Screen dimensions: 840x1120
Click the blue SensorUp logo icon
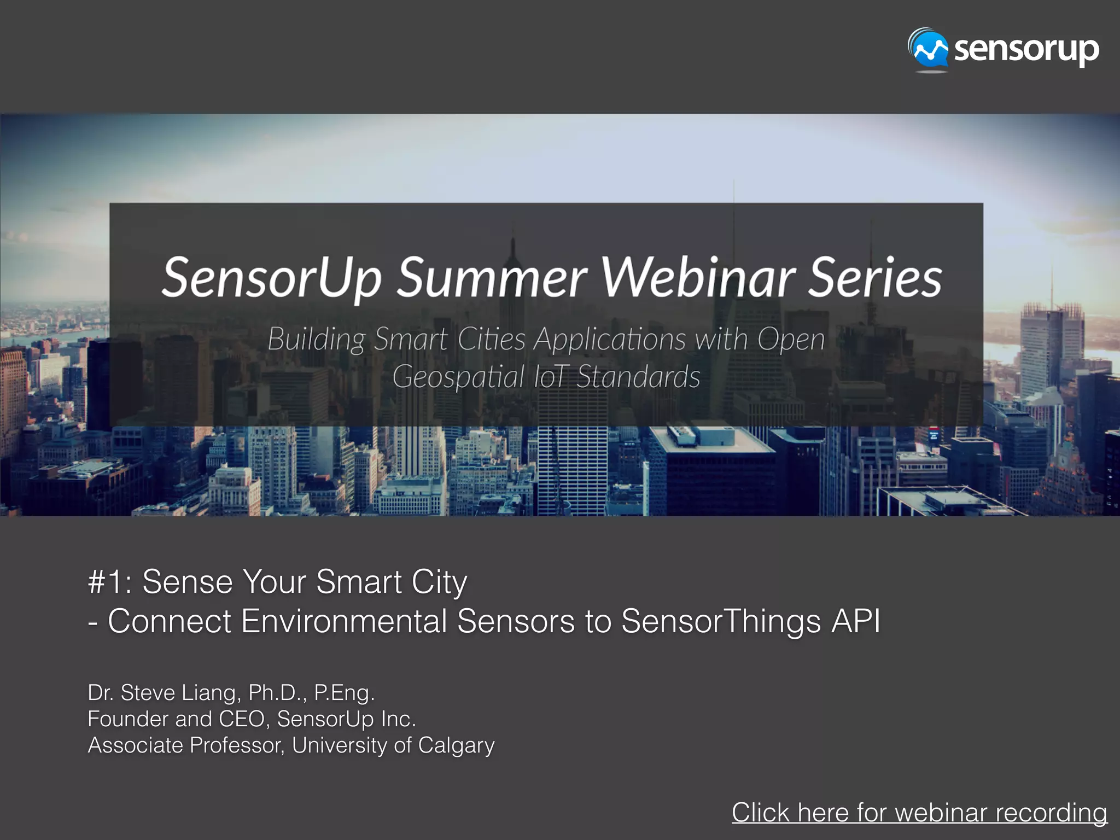point(929,50)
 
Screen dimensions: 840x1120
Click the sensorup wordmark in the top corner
point(1026,50)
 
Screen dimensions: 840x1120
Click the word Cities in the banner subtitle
point(491,339)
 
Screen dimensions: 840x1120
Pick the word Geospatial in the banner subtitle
point(458,377)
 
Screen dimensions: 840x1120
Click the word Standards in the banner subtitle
point(638,377)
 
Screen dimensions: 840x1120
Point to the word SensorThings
point(721,622)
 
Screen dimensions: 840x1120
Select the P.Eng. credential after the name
point(344,693)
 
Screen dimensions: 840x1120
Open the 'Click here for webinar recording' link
point(919,813)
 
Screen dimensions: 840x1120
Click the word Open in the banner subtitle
point(791,340)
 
